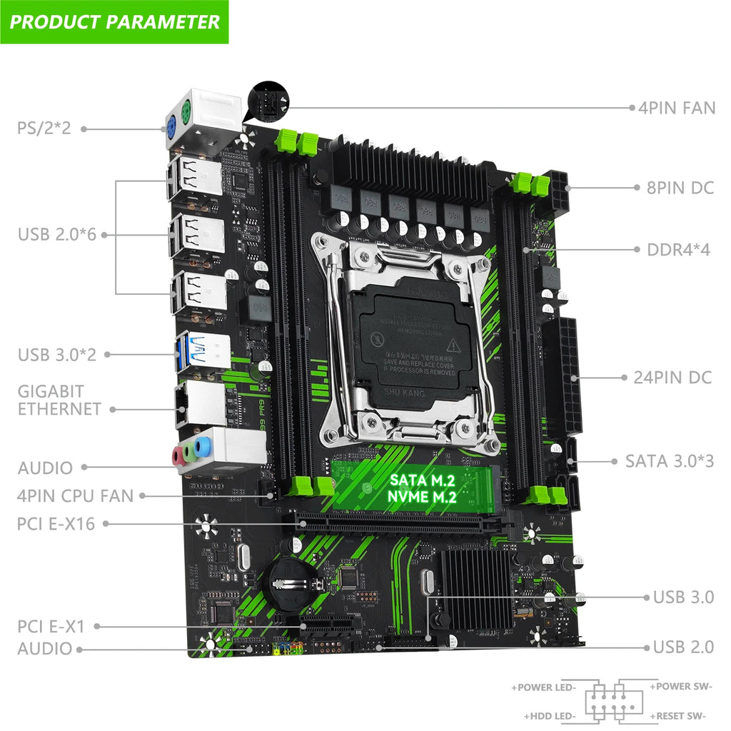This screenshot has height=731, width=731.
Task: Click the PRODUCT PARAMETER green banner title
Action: click(114, 21)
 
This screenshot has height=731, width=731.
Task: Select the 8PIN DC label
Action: click(675, 188)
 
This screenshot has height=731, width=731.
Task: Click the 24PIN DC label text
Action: click(672, 377)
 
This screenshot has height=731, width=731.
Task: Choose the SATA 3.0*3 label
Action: click(669, 460)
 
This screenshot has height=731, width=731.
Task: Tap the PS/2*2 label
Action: click(44, 129)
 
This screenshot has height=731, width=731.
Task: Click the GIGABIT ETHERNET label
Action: click(59, 400)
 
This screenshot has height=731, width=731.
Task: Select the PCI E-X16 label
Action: click(56, 523)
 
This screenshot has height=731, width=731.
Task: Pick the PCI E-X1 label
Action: click(51, 627)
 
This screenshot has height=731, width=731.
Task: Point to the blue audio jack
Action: click(203, 448)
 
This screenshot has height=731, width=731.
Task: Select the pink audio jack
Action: click(177, 455)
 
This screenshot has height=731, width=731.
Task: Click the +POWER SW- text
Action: click(680, 686)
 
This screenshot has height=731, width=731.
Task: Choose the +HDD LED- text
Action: click(550, 716)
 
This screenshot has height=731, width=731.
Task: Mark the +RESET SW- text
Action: click(678, 716)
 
